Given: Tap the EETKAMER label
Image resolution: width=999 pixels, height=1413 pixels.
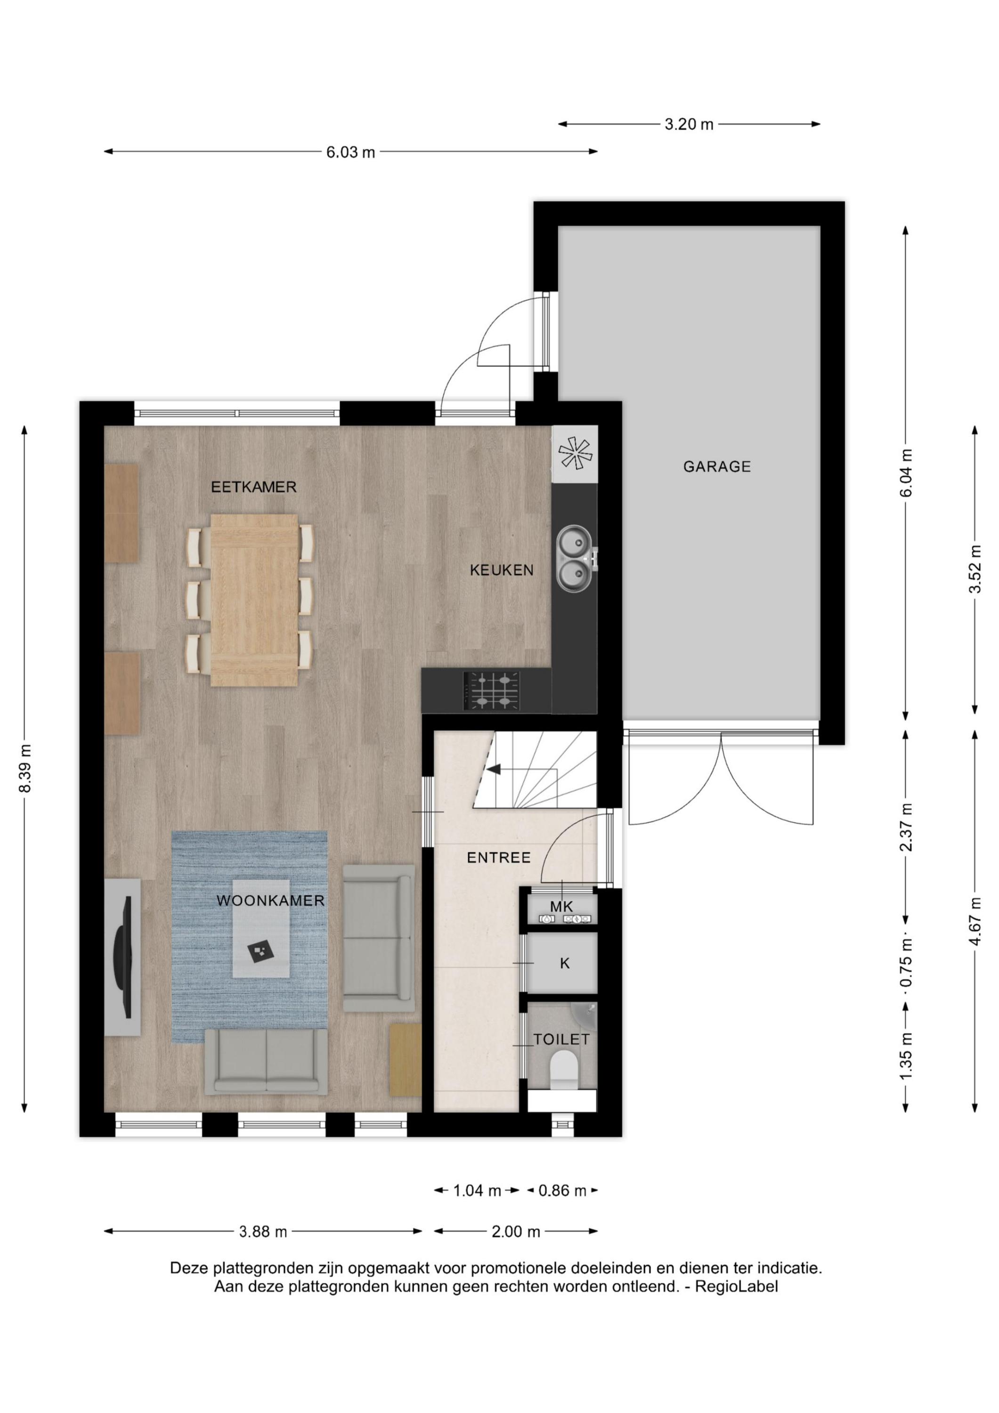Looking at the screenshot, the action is coord(253,487).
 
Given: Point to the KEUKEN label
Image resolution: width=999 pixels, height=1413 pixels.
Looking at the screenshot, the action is coord(502,570).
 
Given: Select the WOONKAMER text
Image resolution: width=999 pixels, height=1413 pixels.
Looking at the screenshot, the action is coord(270,901).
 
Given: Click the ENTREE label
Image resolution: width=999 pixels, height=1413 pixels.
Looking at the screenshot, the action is coord(499,858).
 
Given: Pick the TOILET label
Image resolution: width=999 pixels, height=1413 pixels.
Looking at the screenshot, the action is coord(561,1040).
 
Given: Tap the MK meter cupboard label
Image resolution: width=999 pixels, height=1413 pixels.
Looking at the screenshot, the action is coord(561,907).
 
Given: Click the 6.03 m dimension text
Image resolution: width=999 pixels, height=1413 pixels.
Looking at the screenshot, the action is coord(351,153).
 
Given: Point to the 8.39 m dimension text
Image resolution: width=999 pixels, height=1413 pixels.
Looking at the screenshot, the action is coord(25,769).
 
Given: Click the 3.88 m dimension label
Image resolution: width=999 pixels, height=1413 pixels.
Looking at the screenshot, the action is coord(263,1232).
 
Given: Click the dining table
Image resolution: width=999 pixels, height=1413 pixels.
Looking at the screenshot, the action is coord(254,601).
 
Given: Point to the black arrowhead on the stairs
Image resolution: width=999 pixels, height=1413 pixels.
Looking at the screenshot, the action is coord(494,769).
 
